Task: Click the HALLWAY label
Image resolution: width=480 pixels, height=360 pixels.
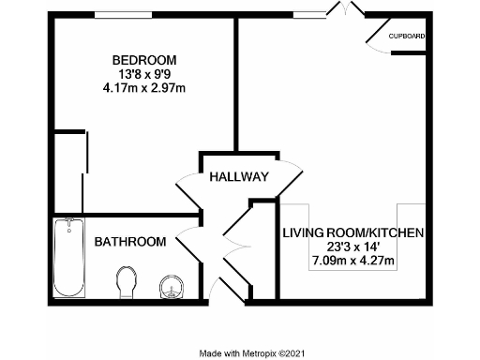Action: pos(239,177)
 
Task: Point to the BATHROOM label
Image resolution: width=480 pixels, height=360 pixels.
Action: pos(130,242)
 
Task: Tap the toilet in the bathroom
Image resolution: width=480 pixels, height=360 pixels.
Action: pos(127,280)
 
